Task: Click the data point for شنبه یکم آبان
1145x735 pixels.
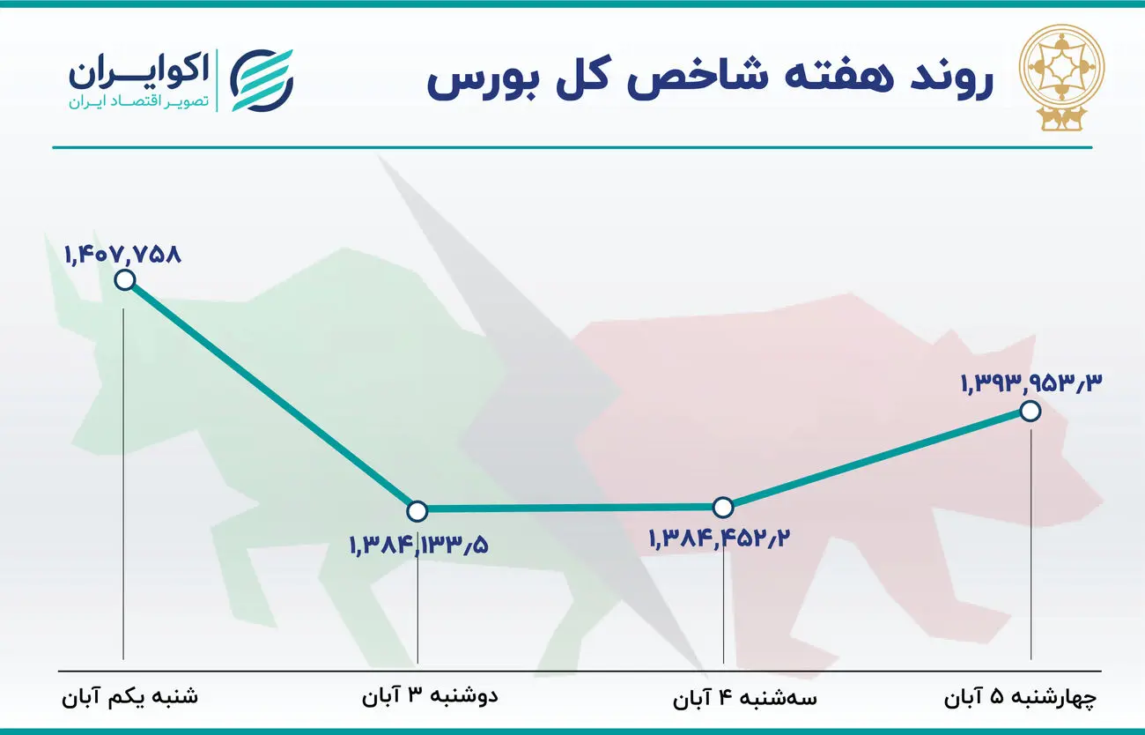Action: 125,280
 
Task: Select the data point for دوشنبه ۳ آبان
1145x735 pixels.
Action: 417,510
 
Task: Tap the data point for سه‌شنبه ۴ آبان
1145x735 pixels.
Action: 722,507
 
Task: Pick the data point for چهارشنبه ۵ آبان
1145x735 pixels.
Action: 1030,411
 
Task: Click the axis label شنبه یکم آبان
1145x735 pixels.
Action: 130,697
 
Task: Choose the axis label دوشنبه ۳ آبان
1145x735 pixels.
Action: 430,697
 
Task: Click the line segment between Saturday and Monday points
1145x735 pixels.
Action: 271,395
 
